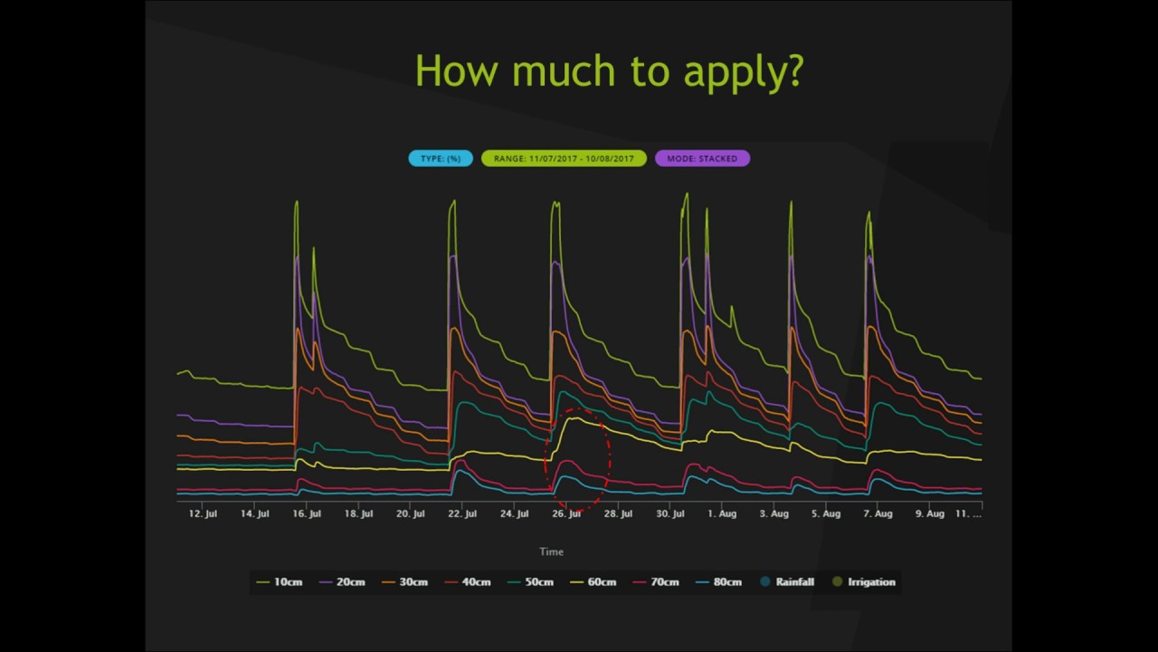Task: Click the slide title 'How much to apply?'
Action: pyautogui.click(x=609, y=71)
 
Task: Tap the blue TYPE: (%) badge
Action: pyautogui.click(x=441, y=158)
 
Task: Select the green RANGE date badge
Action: pyautogui.click(x=564, y=158)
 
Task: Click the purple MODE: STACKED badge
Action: pyautogui.click(x=702, y=158)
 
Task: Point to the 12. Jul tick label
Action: pyautogui.click(x=203, y=513)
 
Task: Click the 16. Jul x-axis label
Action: pyautogui.click(x=307, y=513)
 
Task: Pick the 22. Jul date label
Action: pyautogui.click(x=462, y=513)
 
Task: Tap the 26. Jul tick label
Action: pyautogui.click(x=566, y=513)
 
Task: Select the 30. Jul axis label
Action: pyautogui.click(x=670, y=513)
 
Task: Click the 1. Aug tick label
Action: pyautogui.click(x=722, y=513)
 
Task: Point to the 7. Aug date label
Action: pyautogui.click(x=878, y=513)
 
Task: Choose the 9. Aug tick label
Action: pyautogui.click(x=930, y=513)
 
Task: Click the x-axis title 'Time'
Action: pyautogui.click(x=551, y=551)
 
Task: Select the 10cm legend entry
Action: pyautogui.click(x=280, y=582)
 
